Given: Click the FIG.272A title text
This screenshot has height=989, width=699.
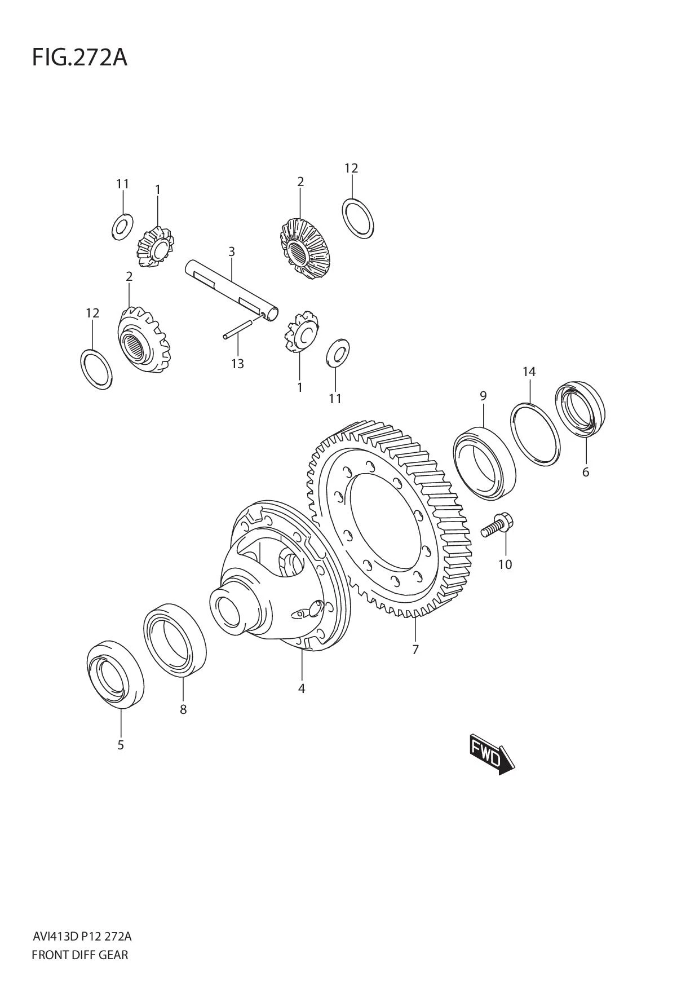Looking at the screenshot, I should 79,58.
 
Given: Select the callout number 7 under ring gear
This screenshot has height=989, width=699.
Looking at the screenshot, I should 415,650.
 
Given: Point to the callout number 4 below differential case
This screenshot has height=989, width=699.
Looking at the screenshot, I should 302,688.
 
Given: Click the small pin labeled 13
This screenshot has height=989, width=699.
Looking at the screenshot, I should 237,330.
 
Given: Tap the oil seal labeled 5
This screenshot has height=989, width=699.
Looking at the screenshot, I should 115,673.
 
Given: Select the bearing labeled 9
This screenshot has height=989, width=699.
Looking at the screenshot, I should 485,463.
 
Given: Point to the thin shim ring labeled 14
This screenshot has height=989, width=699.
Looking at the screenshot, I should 536,434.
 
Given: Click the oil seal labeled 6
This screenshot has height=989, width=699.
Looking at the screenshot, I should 580,409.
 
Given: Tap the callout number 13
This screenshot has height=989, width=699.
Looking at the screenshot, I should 237,364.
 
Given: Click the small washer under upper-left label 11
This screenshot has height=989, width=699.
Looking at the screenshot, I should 121,227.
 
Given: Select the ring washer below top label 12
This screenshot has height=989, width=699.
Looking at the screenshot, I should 358,218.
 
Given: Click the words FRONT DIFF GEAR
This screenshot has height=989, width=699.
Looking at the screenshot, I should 80,955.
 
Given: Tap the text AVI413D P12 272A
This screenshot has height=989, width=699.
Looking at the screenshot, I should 82,937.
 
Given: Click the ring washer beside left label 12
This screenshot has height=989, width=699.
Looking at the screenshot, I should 96,369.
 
